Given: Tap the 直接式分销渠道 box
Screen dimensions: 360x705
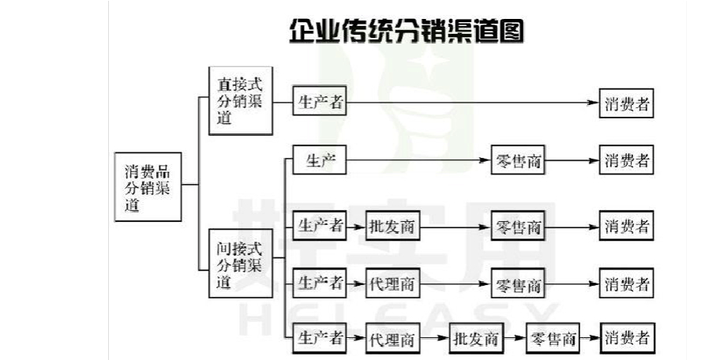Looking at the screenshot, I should coord(241,103).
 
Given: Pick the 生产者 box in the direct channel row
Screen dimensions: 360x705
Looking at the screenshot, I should coord(321,103).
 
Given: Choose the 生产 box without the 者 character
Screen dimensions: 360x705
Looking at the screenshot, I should coord(321,161).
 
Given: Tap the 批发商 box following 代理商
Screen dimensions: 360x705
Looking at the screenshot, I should coord(476,339).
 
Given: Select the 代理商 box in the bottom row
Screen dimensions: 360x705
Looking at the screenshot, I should coord(392,339).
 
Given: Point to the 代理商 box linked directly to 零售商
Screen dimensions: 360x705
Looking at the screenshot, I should coord(392,283).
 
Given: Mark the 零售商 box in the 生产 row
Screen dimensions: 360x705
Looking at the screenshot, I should coord(518,161).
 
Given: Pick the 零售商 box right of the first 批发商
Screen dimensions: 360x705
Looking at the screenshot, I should coord(518,227).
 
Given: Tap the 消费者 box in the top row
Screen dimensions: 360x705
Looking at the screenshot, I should coord(627,103).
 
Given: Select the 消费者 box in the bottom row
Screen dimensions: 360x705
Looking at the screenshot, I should coord(627,339).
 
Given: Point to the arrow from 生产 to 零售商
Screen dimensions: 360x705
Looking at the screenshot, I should coord(418,161).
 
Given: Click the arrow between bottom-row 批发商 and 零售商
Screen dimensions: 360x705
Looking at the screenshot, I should coord(514,339).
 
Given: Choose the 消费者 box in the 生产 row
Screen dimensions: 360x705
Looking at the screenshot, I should coord(627,161).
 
